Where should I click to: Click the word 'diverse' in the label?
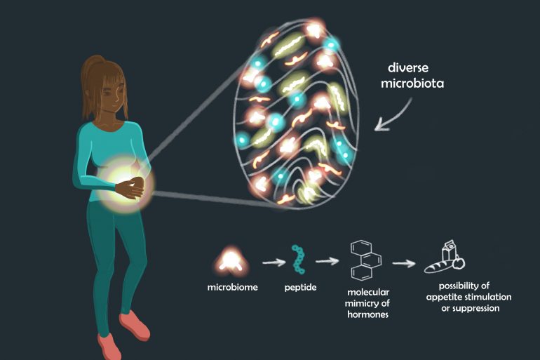(x=408, y=67)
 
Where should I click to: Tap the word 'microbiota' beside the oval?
(x=412, y=83)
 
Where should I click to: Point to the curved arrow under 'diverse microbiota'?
(x=393, y=115)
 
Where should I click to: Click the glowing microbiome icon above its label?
(x=230, y=262)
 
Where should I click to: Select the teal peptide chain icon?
(x=298, y=260)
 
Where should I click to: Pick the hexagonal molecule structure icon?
(x=366, y=260)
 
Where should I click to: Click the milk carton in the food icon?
(x=449, y=251)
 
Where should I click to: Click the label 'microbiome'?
(x=232, y=287)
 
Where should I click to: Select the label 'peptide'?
(x=300, y=287)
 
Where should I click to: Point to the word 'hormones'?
(x=367, y=314)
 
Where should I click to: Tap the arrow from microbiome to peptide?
(x=274, y=262)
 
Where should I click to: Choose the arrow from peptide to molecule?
(x=328, y=261)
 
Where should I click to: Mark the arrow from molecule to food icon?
(x=404, y=264)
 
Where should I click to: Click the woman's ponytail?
(x=89, y=83)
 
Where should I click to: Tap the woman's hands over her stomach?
(x=130, y=188)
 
